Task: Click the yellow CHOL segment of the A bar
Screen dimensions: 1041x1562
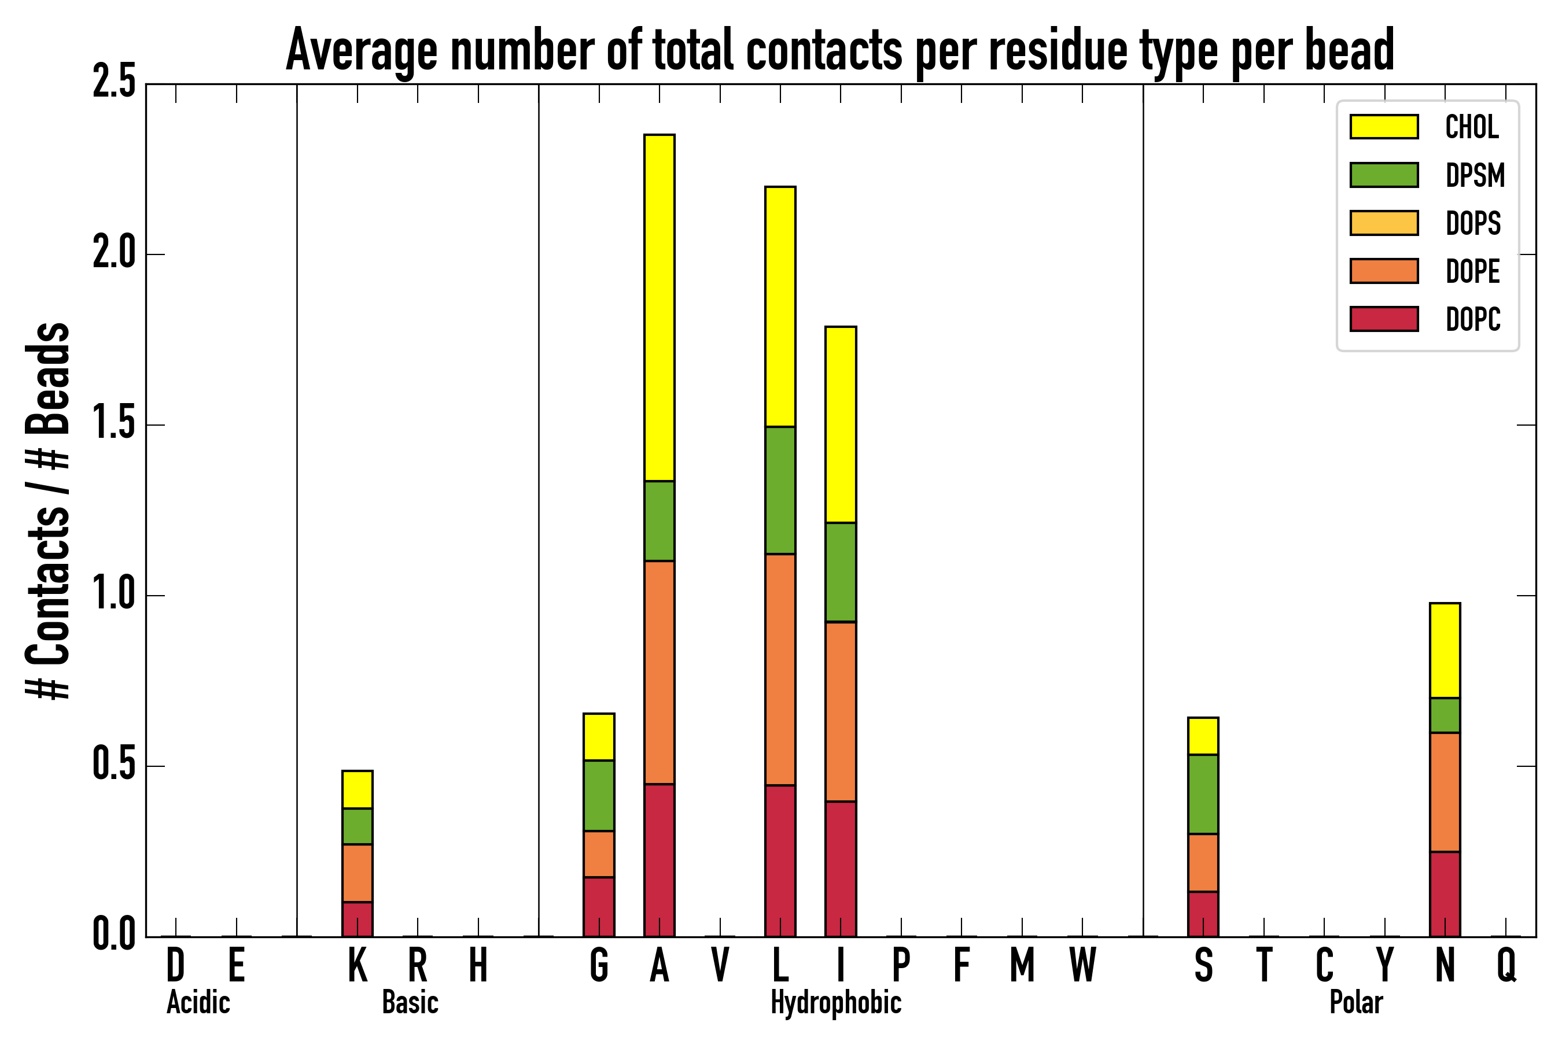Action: [x=659, y=308]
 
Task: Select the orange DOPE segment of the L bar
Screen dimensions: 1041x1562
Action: [x=780, y=669]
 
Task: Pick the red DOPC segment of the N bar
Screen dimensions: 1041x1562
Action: [x=1445, y=894]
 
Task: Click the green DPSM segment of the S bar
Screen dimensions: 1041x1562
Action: [x=1203, y=794]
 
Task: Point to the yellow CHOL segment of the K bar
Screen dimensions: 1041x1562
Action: [x=358, y=789]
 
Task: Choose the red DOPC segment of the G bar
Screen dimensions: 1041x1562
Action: [x=598, y=906]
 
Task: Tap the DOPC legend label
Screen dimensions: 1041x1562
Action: [x=1472, y=319]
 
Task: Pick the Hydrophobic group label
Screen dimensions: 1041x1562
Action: [x=835, y=1002]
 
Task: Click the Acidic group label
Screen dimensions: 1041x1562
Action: [x=198, y=1002]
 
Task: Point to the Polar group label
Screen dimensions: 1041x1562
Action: [x=1355, y=1002]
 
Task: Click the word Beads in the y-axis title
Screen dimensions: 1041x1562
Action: [x=48, y=378]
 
